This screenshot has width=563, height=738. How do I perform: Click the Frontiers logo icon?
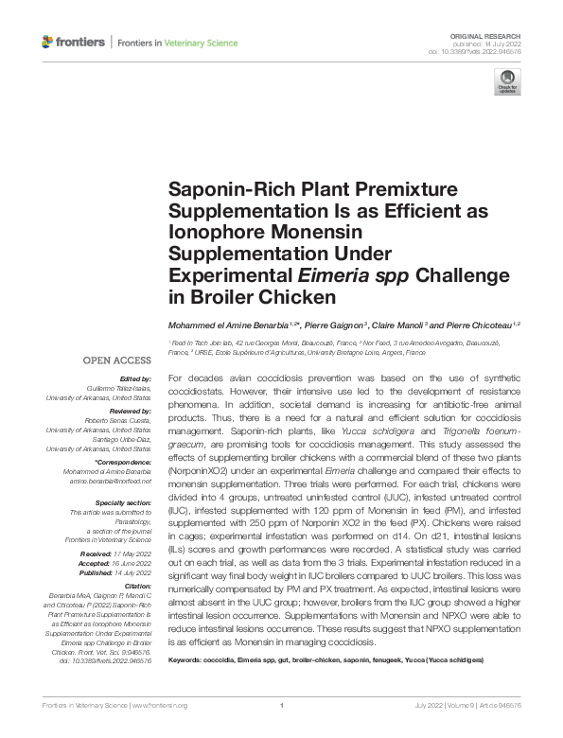[x=48, y=42]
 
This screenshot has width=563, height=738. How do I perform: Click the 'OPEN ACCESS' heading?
[x=117, y=360]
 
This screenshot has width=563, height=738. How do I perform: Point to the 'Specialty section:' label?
[x=123, y=503]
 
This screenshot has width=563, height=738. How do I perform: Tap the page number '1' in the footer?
[x=282, y=706]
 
